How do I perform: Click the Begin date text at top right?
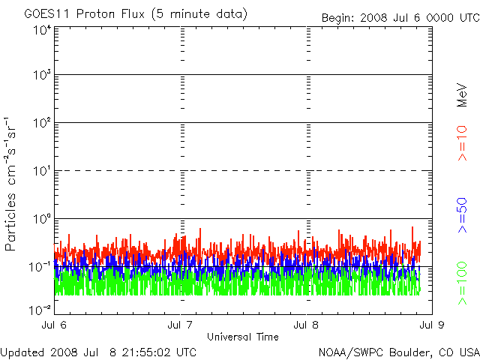tap(399, 17)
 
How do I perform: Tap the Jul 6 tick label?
tap(55, 325)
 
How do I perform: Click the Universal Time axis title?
tap(242, 336)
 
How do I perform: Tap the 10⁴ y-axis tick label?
tap(41, 31)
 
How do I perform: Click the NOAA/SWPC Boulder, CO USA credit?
tap(398, 352)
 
